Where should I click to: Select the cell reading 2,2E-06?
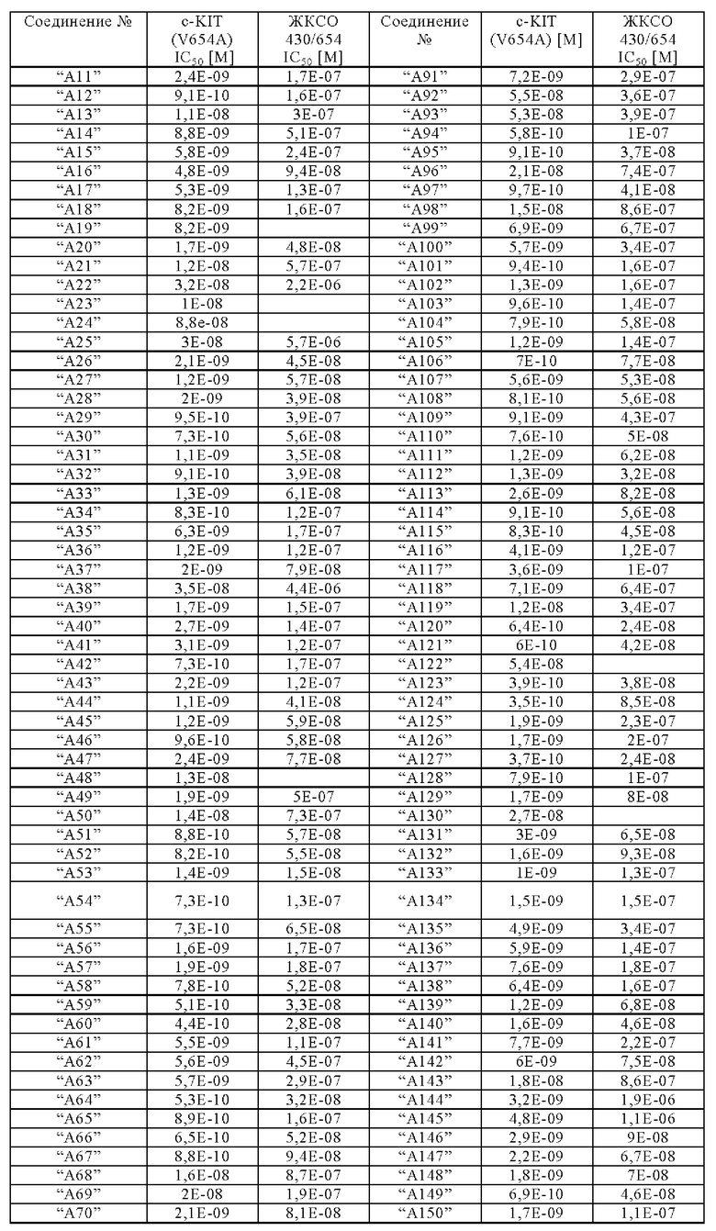click(314, 285)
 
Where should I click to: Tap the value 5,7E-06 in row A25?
click(314, 341)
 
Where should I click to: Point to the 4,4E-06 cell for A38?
click(314, 588)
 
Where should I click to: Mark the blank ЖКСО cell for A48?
click(314, 778)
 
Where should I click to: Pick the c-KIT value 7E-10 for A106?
click(536, 361)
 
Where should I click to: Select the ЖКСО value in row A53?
click(314, 872)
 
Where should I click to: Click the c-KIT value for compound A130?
click(536, 815)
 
